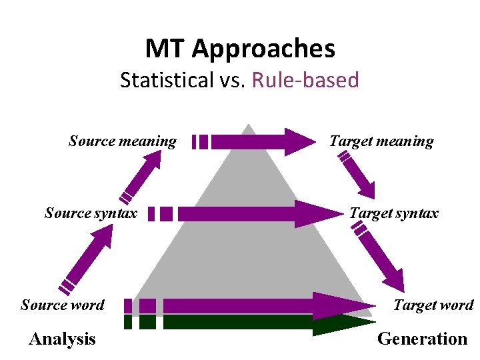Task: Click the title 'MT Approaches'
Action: [x=240, y=49]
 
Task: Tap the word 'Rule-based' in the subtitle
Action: [x=305, y=81]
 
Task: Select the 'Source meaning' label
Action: [x=123, y=141]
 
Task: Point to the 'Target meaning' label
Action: [x=381, y=141]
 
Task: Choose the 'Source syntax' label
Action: [x=91, y=213]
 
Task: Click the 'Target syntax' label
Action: [x=394, y=213]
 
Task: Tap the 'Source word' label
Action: [x=63, y=305]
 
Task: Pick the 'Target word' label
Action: [x=433, y=305]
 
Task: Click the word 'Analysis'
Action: [x=63, y=339]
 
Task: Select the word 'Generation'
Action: [x=423, y=339]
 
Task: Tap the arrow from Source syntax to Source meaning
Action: [x=143, y=176]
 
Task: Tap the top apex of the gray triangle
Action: [x=248, y=125]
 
